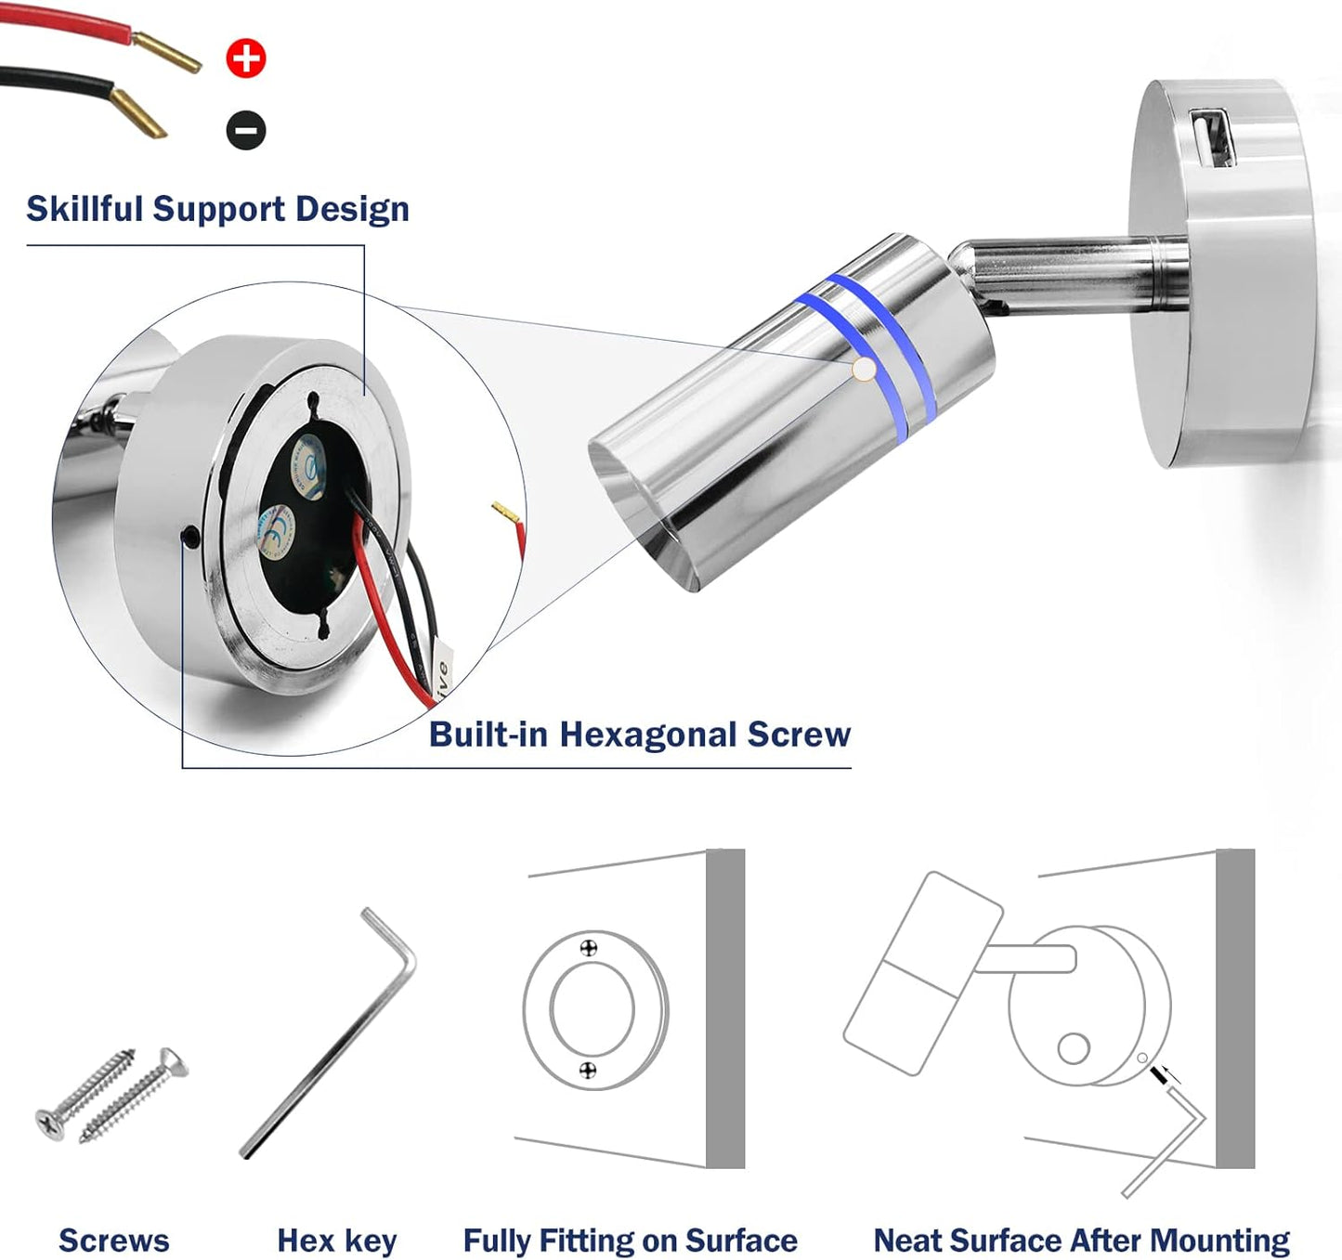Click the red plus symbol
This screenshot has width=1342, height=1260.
tap(246, 58)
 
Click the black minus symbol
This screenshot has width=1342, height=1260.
tap(246, 130)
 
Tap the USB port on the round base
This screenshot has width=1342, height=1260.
tap(1213, 136)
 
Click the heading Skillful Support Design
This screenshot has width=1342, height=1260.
tap(217, 209)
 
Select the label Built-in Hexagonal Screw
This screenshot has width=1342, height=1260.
tap(639, 734)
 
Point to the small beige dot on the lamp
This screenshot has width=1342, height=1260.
tap(864, 370)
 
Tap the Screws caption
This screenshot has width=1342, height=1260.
tap(113, 1241)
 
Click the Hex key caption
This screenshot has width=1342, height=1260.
tap(336, 1241)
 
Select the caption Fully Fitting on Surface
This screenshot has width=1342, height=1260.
tap(630, 1241)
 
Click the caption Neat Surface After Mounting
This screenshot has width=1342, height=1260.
tap(1081, 1241)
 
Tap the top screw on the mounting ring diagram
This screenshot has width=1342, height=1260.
tap(588, 948)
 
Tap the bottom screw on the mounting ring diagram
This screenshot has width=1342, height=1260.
tap(587, 1071)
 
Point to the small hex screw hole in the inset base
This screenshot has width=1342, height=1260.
tap(191, 536)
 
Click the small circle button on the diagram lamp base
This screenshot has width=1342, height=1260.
tap(1074, 1048)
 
